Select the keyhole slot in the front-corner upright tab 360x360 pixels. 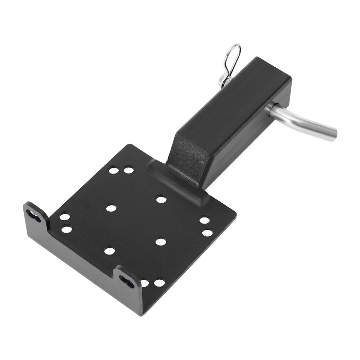coord(127,279)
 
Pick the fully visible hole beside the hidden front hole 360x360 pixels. coord(159,283)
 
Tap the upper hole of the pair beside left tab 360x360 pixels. coord(65,217)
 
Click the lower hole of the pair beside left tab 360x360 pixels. coord(66,229)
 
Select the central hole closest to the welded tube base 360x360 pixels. coord(161,199)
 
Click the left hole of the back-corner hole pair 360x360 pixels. coord(113,170)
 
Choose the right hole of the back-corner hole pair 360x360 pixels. coord(129,170)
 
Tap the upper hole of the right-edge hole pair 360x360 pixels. coord(204,220)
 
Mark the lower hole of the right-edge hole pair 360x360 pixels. coord(207,232)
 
